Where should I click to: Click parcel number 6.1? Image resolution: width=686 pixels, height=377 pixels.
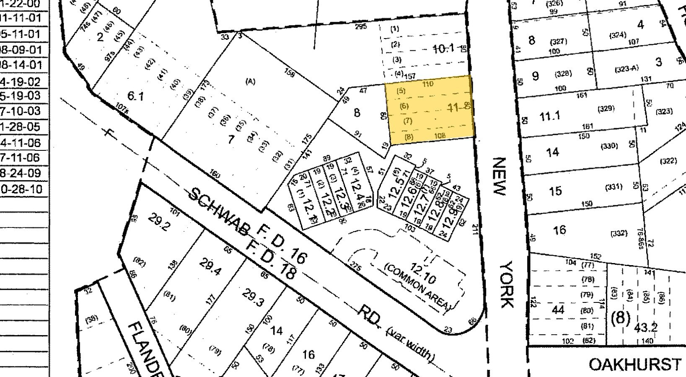[x=135, y=96]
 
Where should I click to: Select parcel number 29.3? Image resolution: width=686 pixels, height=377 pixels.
[x=253, y=296]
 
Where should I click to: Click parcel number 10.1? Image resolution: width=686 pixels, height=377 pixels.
[x=444, y=49]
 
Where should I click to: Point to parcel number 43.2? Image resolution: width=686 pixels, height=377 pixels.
[x=646, y=327]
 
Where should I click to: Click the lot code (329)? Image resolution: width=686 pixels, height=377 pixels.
[x=606, y=109]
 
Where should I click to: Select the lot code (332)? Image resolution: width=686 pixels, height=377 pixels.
[x=619, y=233]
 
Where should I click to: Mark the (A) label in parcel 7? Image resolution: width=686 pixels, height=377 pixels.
[x=250, y=82]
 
